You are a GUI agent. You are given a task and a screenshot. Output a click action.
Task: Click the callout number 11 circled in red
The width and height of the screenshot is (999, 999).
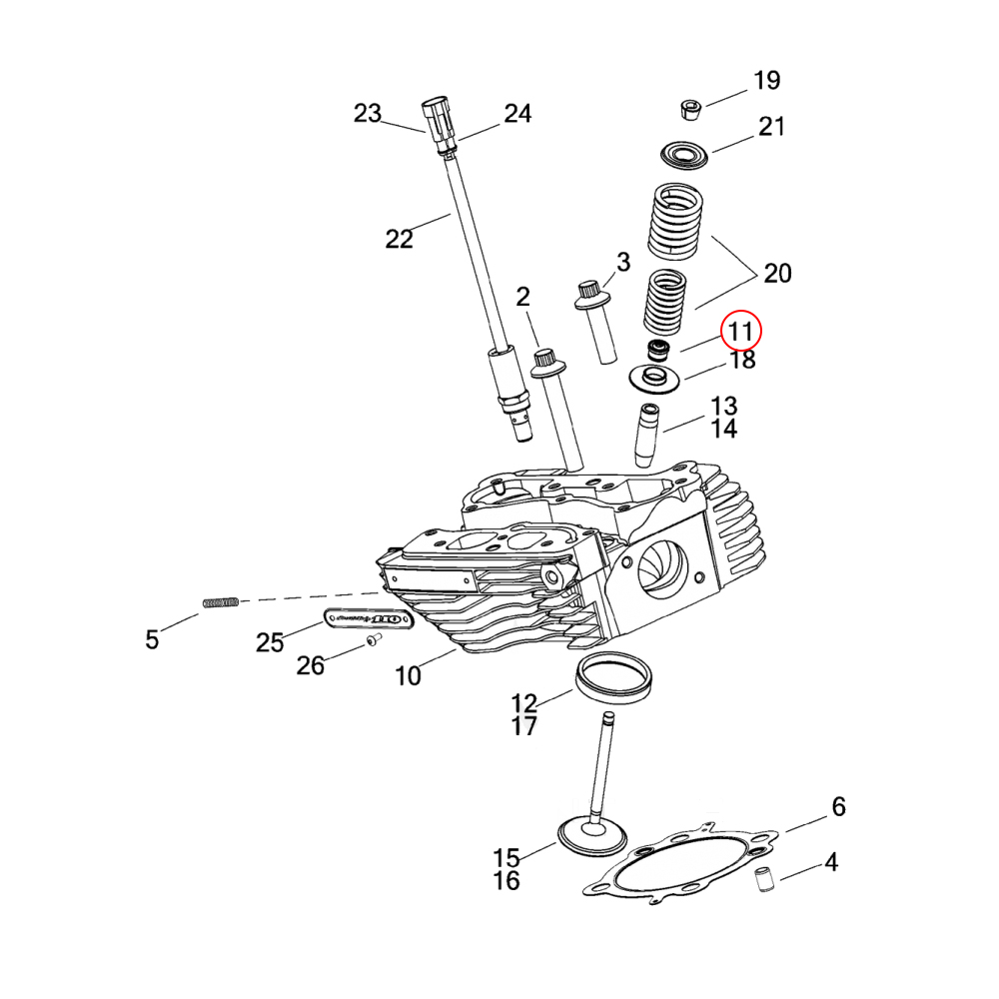click(741, 330)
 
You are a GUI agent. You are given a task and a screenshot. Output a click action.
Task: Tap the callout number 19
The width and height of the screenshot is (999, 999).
click(766, 81)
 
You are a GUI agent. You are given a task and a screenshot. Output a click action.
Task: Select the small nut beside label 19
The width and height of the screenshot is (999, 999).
click(689, 108)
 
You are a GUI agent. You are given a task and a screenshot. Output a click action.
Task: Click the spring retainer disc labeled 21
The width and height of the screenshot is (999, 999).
click(684, 155)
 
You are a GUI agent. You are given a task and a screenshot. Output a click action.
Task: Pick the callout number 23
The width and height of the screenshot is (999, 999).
click(368, 114)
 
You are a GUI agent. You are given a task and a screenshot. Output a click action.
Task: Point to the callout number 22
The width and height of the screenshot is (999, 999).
click(399, 239)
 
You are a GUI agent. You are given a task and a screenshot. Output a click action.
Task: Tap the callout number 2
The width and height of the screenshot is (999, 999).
click(522, 297)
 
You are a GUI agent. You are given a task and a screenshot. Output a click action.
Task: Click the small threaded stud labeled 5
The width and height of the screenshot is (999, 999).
click(222, 602)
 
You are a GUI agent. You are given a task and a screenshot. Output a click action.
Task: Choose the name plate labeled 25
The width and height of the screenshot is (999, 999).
click(369, 621)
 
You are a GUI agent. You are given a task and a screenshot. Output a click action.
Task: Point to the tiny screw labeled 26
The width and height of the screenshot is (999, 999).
click(371, 642)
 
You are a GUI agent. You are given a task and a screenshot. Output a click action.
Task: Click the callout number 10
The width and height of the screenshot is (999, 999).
click(408, 676)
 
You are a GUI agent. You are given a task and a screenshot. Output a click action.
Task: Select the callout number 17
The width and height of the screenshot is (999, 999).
click(524, 726)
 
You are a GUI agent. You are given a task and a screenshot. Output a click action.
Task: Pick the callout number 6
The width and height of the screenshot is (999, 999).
click(838, 807)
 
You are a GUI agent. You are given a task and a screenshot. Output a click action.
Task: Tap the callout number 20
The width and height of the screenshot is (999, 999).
click(777, 273)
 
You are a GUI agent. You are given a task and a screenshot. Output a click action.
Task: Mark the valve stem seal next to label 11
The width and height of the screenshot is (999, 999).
click(658, 351)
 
